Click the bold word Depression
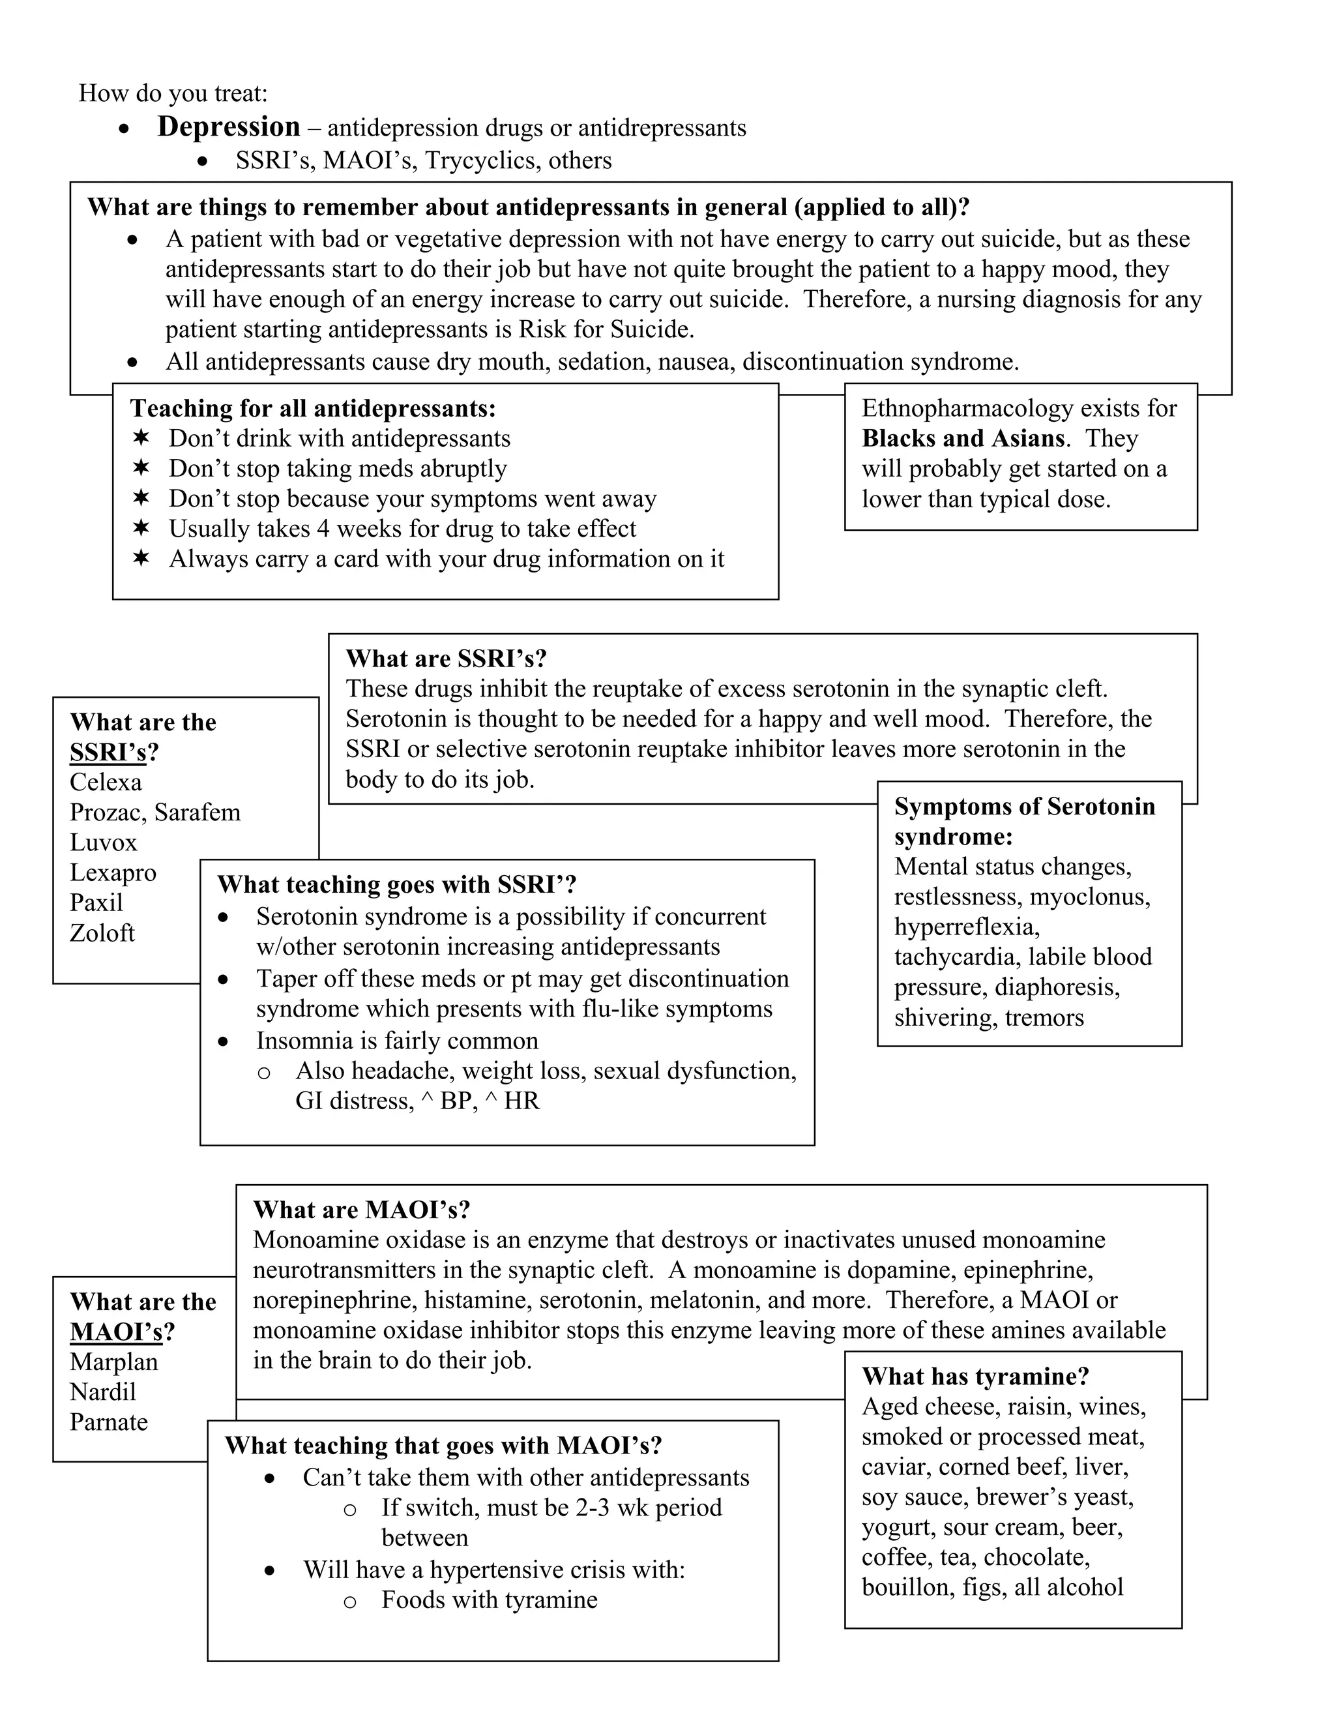coord(229,127)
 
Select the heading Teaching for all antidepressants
coord(312,408)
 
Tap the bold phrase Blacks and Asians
coord(963,438)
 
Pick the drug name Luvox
coord(104,842)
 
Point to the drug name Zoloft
coord(102,933)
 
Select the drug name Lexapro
coord(113,872)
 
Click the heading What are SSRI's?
coord(446,659)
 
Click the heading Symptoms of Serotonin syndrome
coord(1023,821)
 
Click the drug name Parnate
coord(108,1422)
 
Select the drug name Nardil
coord(103,1392)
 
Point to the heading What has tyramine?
coord(975,1377)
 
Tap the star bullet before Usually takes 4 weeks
coord(141,528)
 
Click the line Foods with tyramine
coord(489,1600)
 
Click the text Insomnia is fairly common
coord(397,1041)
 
